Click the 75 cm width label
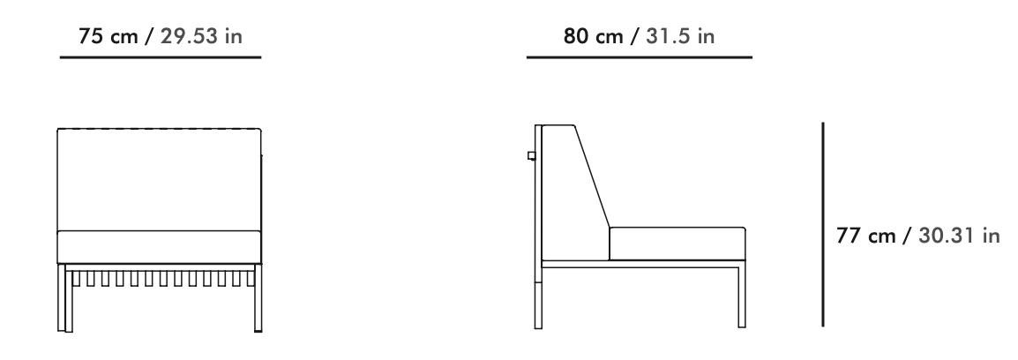point(108,36)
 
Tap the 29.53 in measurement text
point(201,36)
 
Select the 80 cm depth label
point(593,36)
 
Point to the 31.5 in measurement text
point(680,36)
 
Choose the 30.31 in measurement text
point(959,236)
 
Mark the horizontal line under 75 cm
point(161,58)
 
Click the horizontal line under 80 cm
point(640,58)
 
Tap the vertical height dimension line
point(823,224)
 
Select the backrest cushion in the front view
point(159,179)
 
